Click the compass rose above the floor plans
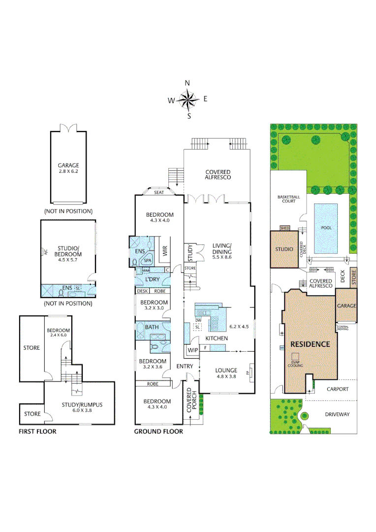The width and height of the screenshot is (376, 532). pos(188,100)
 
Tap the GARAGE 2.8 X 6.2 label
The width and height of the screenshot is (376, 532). pos(68,168)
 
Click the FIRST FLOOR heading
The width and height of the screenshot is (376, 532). pos(37,432)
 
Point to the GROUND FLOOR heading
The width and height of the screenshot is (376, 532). pos(158,432)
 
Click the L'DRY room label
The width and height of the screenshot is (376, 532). pos(152,280)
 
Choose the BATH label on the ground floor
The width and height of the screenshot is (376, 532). pos(152,327)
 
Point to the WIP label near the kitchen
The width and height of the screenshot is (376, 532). pos(191,350)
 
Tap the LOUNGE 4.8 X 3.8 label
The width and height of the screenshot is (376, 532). pos(226,373)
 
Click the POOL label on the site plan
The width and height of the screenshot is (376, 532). pos(326,228)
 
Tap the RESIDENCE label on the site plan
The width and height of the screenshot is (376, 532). pos(310,344)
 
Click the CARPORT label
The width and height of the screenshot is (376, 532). pos(337,389)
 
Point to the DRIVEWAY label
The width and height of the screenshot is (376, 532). pos(337,414)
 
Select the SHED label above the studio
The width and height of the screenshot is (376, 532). pos(285,228)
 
